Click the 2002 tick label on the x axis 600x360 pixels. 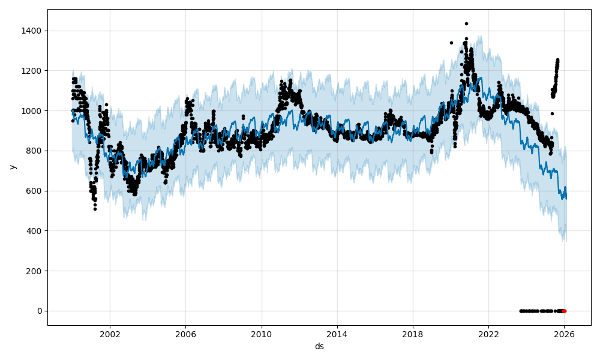(x=109, y=335)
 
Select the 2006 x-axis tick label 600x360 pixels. (x=185, y=335)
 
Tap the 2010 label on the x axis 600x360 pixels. (x=261, y=335)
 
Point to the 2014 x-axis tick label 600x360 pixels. (x=337, y=335)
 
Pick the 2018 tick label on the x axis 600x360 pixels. (x=413, y=335)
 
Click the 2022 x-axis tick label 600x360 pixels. (x=488, y=335)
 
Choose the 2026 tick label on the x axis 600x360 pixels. (x=564, y=335)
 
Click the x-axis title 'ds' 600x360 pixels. (x=319, y=346)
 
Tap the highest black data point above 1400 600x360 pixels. (x=466, y=24)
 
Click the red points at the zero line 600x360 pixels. (x=563, y=311)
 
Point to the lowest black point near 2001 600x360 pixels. (x=95, y=209)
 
